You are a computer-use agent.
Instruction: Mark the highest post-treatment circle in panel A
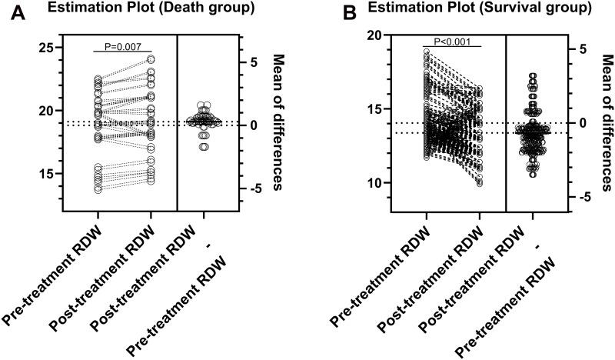(x=151, y=58)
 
